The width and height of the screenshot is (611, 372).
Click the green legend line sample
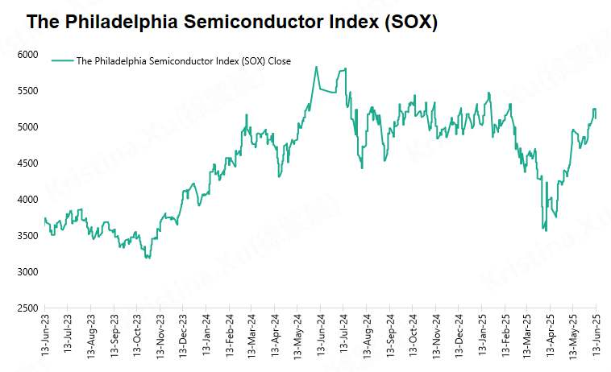point(62,60)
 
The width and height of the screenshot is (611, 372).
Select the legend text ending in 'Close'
point(183,60)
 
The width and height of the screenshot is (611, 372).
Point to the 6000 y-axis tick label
point(27,55)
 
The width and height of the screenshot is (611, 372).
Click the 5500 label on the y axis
point(27,91)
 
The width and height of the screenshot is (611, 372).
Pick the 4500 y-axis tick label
point(27,163)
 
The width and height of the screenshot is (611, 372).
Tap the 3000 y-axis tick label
point(27,272)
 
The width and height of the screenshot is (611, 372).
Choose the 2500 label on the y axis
point(27,308)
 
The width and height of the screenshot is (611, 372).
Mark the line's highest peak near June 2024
point(316,67)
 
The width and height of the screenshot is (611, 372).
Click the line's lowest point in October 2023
point(148,258)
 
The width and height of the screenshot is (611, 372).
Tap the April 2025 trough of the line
point(546,230)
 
